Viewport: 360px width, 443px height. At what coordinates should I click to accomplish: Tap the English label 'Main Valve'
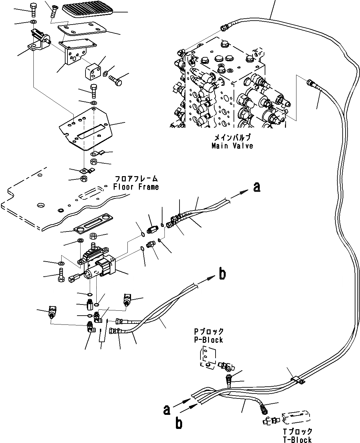click(x=232, y=146)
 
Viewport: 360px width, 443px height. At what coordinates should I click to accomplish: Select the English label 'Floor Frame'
click(x=136, y=187)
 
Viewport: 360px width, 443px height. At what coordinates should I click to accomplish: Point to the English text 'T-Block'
click(x=298, y=440)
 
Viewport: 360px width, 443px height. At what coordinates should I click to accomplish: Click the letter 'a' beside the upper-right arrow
click(x=257, y=187)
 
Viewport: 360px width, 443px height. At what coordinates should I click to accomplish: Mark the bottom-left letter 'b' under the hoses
click(x=179, y=423)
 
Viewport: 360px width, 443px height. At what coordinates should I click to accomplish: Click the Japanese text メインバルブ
click(x=232, y=138)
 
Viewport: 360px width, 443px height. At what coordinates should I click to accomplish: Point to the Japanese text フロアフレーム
click(x=136, y=179)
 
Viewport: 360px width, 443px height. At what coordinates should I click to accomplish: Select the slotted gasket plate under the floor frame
click(x=93, y=228)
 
